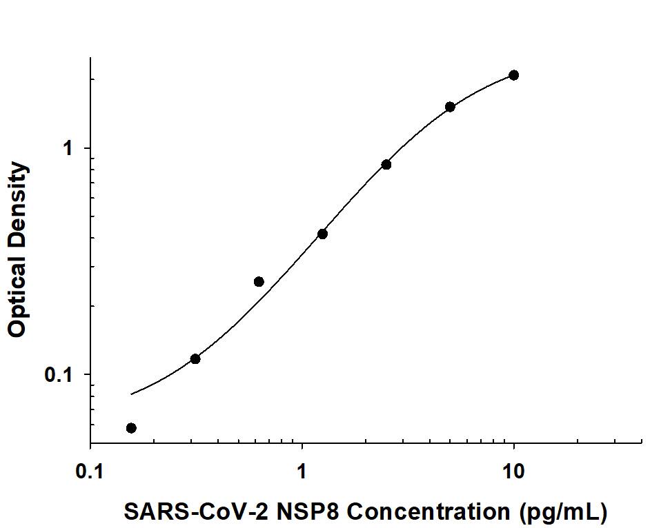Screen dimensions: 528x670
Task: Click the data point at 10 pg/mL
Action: click(513, 75)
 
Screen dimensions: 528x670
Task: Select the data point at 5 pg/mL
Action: click(450, 107)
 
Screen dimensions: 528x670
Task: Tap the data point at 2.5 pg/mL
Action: click(386, 165)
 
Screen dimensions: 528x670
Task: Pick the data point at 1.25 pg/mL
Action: click(322, 234)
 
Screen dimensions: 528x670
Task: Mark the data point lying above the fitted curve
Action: click(259, 281)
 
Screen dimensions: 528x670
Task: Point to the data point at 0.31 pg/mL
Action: click(195, 358)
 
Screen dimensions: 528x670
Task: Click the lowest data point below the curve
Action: click(131, 428)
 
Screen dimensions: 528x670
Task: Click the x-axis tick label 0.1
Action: click(90, 472)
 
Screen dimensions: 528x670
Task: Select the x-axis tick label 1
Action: click(302, 472)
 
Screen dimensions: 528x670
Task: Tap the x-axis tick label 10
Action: click(513, 472)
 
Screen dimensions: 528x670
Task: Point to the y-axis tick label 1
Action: click(67, 148)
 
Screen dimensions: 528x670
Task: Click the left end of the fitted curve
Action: click(131, 394)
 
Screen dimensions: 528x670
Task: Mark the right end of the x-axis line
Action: click(642, 443)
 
